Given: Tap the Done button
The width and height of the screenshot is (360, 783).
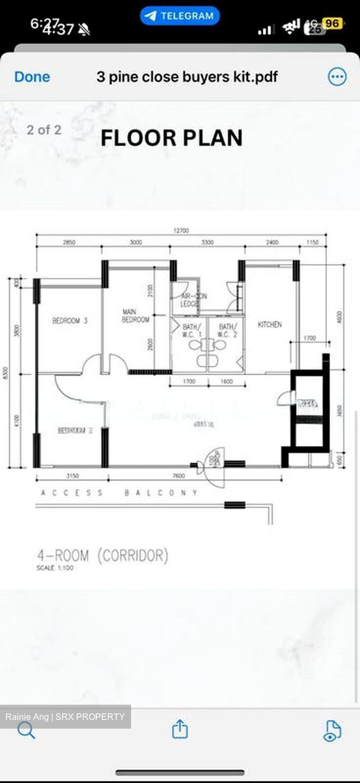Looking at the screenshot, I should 32,77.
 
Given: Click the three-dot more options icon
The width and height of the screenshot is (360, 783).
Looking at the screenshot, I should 337,77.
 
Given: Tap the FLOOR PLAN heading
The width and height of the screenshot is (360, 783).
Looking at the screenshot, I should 171,138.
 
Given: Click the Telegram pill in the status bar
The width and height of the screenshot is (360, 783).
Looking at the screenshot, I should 179,16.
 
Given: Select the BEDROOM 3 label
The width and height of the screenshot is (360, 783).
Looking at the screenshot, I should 70,321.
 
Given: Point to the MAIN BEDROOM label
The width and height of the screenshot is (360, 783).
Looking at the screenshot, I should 135,316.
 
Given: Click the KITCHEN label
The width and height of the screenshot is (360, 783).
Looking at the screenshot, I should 270,325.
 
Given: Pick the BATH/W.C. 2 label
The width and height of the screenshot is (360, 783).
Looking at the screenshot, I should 227,331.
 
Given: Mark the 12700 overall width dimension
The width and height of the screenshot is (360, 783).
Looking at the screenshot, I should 181,231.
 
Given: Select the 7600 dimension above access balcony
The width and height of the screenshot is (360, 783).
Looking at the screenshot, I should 178,476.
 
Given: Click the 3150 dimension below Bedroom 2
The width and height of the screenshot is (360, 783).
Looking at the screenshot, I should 72,476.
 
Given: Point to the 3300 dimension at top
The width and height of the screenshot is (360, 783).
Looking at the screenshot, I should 207,243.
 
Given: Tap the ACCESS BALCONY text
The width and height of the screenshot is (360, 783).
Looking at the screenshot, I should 120,493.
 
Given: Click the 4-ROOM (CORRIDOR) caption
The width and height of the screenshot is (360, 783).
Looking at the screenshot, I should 102,556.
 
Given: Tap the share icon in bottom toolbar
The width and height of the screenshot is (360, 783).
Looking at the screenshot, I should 180,729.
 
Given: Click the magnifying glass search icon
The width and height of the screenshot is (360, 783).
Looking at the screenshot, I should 26,730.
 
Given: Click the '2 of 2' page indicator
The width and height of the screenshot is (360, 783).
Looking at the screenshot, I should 44,130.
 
